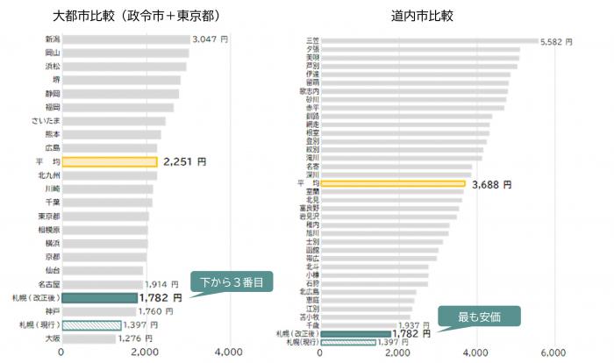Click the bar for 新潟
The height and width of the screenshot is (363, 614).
point(125,39)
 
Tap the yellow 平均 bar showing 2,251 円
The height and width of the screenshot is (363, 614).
point(110,161)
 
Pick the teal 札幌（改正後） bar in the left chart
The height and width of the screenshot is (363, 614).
point(99,298)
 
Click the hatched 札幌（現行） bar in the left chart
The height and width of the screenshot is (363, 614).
point(91,325)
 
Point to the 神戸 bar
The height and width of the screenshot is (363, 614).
point(98,311)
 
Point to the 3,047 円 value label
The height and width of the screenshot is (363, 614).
point(211,39)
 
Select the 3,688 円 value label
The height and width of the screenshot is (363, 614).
point(490,184)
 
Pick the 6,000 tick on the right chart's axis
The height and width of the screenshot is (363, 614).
point(553,352)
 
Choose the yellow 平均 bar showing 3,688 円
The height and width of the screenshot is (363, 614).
point(393,184)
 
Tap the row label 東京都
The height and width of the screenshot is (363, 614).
point(49,216)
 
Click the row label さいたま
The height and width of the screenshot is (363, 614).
point(46,121)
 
